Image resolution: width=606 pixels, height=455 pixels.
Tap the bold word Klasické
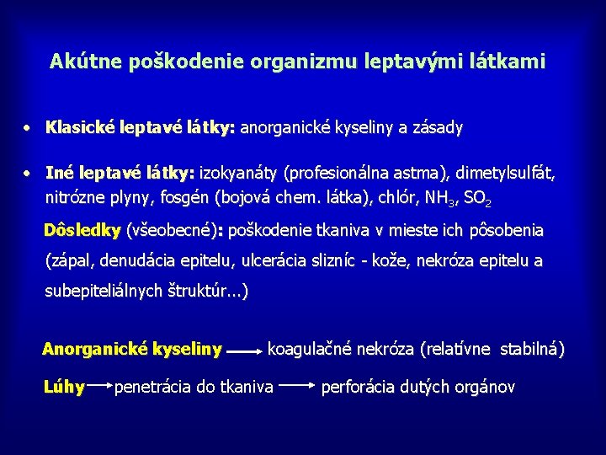(x=82, y=128)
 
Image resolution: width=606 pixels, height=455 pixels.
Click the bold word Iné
(x=60, y=174)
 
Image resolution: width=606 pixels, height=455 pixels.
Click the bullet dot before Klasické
(x=28, y=128)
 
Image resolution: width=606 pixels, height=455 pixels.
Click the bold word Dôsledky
(x=82, y=230)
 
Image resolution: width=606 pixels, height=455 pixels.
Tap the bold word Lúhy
(x=64, y=387)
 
